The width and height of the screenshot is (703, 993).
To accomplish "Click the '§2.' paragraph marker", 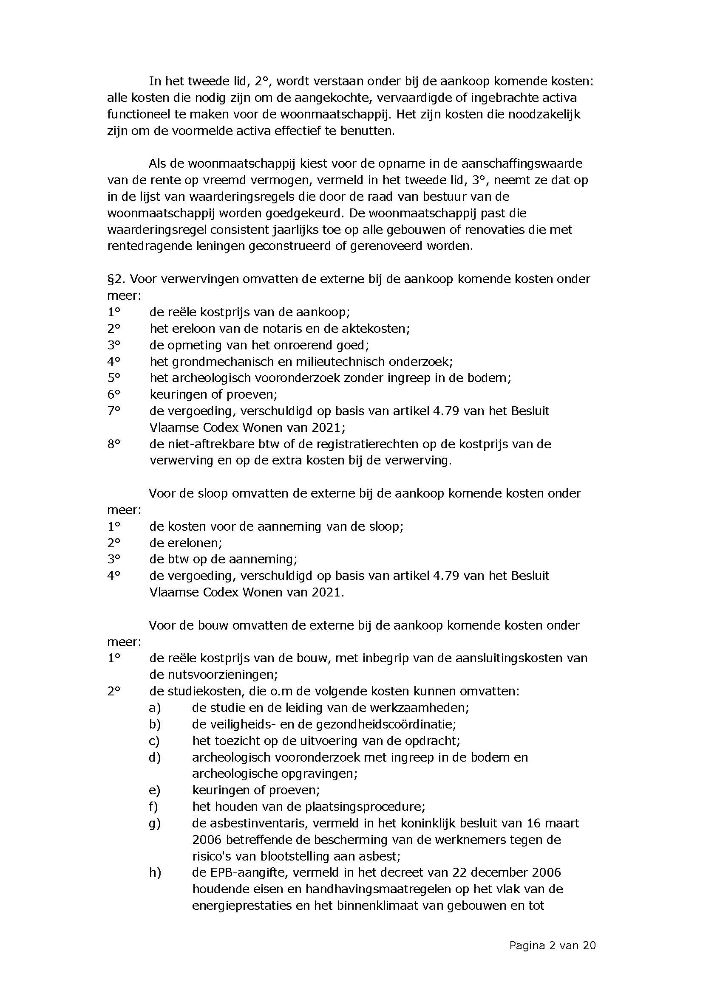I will pos(116,279).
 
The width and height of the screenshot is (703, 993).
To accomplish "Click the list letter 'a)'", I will pos(155,708).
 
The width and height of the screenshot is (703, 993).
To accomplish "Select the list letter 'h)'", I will pos(155,873).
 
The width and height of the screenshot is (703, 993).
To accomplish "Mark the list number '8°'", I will pos(113,444).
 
